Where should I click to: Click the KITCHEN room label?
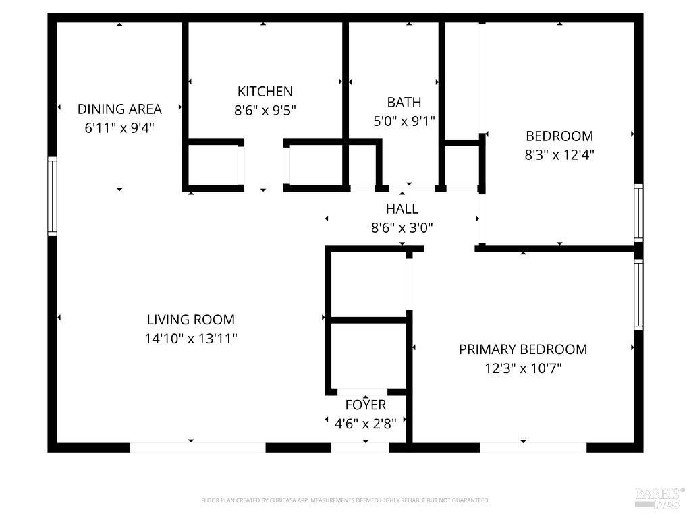pos(265,91)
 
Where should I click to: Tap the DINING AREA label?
pos(119,109)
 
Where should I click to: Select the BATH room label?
pos(404,103)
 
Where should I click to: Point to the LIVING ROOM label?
pos(191,319)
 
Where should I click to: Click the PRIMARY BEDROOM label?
pos(523,349)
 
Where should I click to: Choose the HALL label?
pos(402,209)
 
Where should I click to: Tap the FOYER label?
pos(365,405)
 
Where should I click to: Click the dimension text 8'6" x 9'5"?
pos(265,110)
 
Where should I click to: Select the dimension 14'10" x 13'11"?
pos(191,339)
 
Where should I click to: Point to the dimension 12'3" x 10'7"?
pos(523,368)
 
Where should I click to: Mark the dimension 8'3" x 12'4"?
pos(559,154)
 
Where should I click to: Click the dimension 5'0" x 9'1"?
pos(404,121)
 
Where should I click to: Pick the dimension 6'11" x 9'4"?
pos(119,127)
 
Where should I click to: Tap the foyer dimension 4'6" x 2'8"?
pos(365,424)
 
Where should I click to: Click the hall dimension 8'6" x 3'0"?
pos(402,228)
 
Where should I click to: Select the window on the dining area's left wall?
pos(52,196)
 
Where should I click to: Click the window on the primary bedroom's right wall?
pos(638,294)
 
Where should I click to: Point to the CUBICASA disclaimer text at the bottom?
pos(345,500)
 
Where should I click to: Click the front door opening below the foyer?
pos(360,448)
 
